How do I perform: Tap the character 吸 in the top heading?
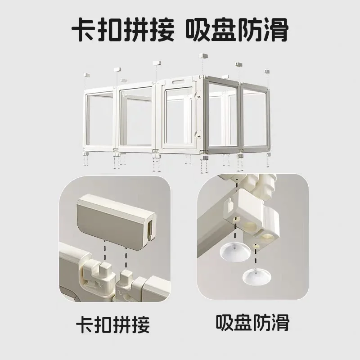click(198, 30)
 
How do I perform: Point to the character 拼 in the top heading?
click(136, 30)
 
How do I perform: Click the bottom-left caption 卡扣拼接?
click(113, 324)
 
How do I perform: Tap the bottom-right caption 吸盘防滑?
click(252, 322)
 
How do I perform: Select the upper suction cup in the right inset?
click(234, 253)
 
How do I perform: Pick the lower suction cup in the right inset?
click(257, 276)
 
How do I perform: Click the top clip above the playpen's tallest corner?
click(203, 56)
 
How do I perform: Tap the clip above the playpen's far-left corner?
click(86, 75)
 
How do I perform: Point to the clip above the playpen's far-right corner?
click(267, 71)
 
